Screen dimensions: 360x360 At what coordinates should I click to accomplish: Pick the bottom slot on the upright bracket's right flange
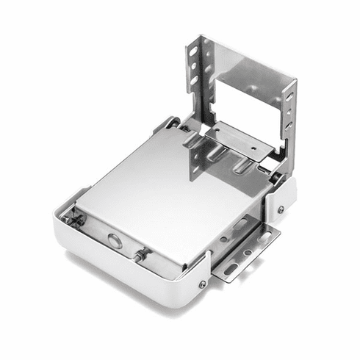point(289,124)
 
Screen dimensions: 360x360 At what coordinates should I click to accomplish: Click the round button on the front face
point(115,239)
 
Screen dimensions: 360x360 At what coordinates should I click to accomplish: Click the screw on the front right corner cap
point(203,284)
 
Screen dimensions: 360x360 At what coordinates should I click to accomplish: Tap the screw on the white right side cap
point(281,209)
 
